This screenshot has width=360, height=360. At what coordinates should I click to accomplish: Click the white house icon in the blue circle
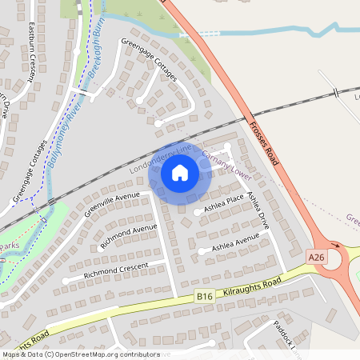pos(180,172)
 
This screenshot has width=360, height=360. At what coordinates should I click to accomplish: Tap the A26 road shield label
pos(317,257)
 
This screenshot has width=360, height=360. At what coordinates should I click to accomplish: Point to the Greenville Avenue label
pos(112,205)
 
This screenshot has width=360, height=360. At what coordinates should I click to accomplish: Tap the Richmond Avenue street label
pos(128,238)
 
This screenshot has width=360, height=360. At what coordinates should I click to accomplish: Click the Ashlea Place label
pos(224,204)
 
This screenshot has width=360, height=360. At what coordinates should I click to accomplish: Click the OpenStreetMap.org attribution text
pos(104,354)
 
